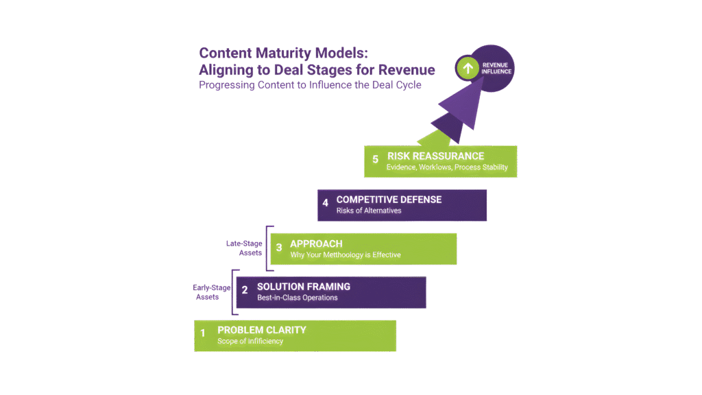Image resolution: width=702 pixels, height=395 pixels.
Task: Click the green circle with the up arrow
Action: click(468, 68)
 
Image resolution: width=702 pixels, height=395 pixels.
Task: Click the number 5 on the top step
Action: click(376, 159)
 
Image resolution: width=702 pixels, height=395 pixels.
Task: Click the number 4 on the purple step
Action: click(326, 203)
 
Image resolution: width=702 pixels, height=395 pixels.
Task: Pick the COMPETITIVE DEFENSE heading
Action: click(389, 200)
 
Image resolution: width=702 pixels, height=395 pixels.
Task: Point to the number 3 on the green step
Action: click(279, 248)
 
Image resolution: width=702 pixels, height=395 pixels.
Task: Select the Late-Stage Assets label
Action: click(245, 248)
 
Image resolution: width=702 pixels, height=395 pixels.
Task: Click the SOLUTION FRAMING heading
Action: click(304, 287)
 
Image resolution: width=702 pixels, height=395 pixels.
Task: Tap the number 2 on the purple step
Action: click(245, 291)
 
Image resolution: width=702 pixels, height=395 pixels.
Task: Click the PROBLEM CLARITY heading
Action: click(261, 330)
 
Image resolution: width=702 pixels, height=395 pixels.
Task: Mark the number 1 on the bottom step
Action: click(203, 334)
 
